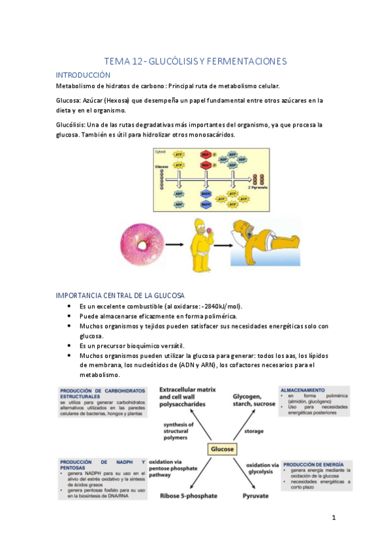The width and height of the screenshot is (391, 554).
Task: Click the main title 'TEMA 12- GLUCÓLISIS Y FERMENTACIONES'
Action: [x=195, y=61]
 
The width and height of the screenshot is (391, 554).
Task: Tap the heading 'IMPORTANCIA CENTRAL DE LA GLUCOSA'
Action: [x=120, y=295]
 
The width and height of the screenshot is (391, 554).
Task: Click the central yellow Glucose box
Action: [x=222, y=449]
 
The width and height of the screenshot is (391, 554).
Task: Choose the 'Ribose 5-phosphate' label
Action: [x=189, y=496]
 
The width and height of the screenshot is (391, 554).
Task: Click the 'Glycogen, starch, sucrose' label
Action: [x=255, y=400]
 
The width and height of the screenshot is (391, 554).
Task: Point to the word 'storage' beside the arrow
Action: [x=254, y=431]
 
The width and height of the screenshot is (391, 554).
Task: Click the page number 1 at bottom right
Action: [x=333, y=518]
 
